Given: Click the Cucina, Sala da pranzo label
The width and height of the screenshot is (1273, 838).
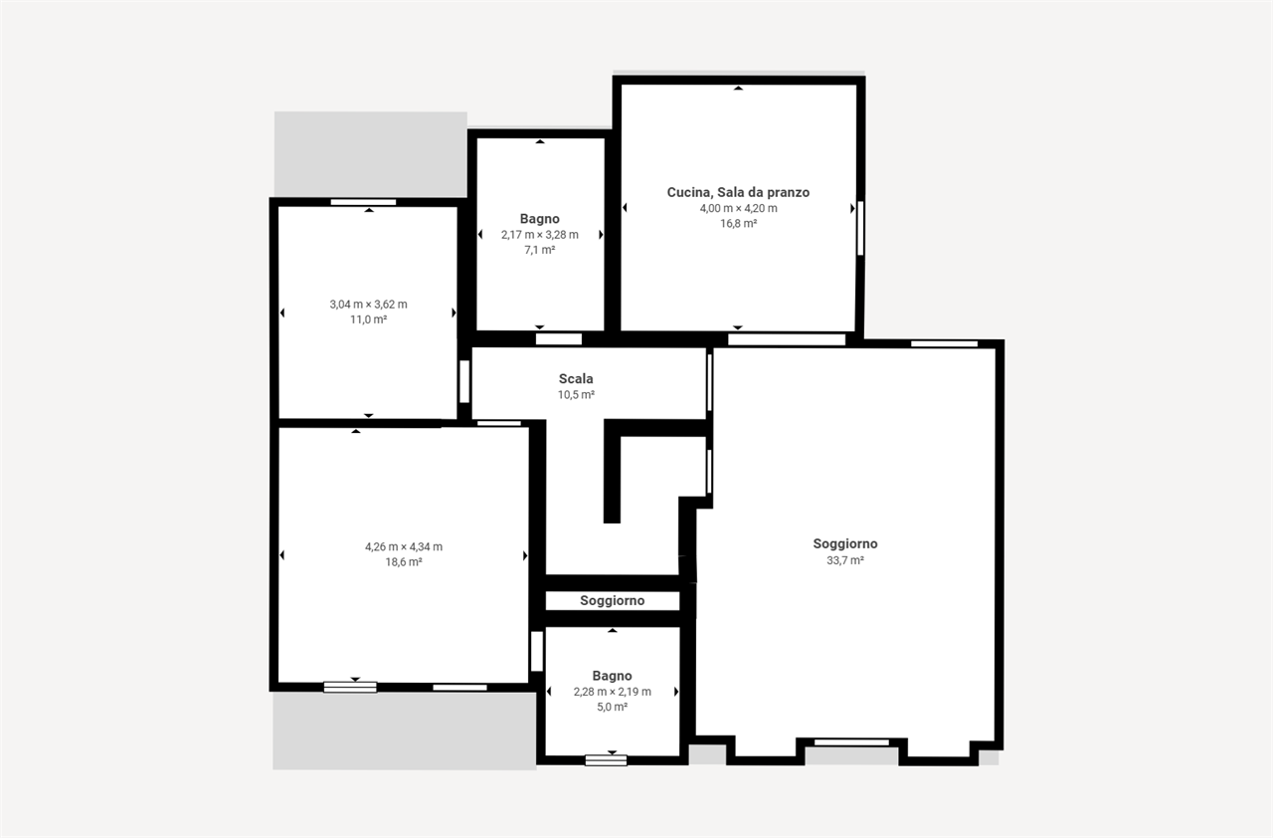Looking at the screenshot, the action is click(x=738, y=193).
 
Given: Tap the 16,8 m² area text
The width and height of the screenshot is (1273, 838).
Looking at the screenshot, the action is click(x=738, y=223).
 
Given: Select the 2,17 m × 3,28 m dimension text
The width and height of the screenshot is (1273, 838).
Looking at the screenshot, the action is click(x=540, y=235).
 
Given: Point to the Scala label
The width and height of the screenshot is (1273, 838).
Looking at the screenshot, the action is click(x=576, y=378).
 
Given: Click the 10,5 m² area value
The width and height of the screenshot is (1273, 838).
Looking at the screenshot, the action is click(x=576, y=394).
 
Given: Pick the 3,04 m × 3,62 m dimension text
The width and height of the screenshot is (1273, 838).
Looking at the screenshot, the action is click(x=368, y=305).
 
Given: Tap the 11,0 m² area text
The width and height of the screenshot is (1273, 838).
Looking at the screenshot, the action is click(x=368, y=319).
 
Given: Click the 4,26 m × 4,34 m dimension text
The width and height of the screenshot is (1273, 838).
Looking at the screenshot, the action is click(x=404, y=547).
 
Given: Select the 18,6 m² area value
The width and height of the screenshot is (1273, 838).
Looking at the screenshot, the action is click(x=404, y=562).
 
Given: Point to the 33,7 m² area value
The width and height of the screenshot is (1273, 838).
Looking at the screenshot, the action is click(x=845, y=560).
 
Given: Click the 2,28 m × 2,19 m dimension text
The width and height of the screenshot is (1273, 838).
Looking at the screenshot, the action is click(x=612, y=692).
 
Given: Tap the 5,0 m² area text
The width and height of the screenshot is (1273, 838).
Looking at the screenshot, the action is click(x=612, y=707).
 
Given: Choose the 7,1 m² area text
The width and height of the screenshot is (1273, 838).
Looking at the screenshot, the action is click(x=540, y=250).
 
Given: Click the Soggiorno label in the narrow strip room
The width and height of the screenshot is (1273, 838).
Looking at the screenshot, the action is click(x=612, y=601).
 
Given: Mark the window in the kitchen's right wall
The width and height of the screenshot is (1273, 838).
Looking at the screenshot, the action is click(x=860, y=228).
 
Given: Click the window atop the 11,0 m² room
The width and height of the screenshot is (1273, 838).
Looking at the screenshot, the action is click(x=363, y=202).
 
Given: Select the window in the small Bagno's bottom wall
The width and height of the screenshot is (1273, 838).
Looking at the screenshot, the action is click(x=606, y=760).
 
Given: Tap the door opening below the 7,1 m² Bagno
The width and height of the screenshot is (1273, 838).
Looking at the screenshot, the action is click(x=559, y=339).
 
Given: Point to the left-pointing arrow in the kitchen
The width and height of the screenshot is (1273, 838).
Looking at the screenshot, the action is click(x=625, y=208).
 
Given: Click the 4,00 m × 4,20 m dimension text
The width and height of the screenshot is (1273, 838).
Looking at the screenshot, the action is click(x=738, y=208).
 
